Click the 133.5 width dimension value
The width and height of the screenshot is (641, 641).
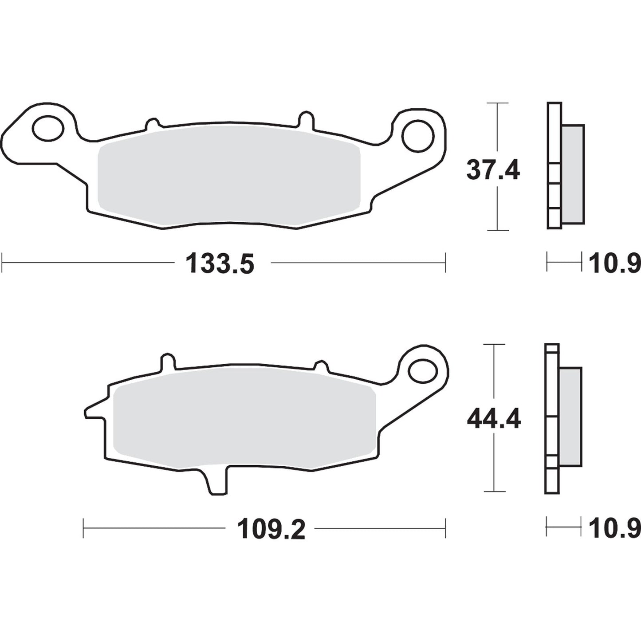click(x=220, y=264)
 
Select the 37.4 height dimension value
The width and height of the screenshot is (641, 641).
click(x=492, y=170)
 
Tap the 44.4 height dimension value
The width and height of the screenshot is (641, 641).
click(x=493, y=419)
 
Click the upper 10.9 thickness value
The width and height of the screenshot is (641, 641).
click(x=614, y=264)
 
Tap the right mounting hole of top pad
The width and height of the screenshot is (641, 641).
click(x=417, y=134)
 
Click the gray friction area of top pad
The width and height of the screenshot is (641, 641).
click(x=229, y=177)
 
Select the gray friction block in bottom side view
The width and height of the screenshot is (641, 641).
click(x=570, y=417)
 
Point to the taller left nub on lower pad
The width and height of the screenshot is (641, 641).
click(x=167, y=362)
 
